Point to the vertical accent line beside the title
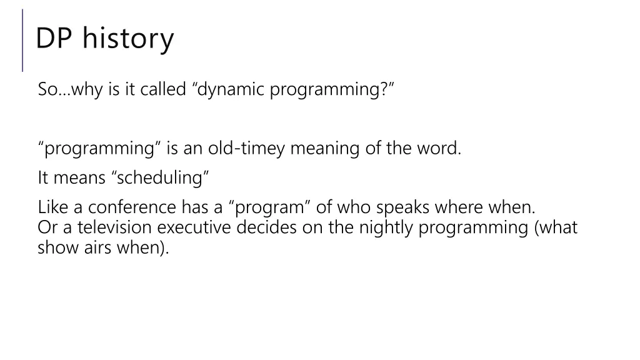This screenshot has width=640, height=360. point(23,40)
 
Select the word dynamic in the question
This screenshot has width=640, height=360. point(231,89)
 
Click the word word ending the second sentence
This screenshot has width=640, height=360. point(440,149)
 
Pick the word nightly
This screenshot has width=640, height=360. point(386,227)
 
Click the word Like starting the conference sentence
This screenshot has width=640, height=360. point(50,207)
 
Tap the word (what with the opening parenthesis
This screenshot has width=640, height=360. point(556,227)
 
